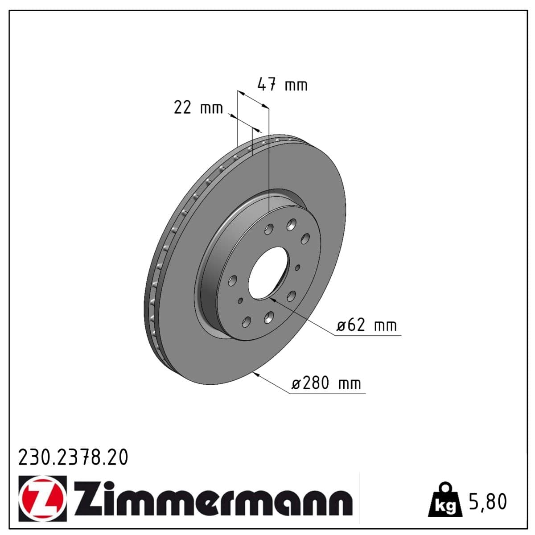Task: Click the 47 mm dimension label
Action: click(282, 84)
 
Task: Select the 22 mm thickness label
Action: click(198, 107)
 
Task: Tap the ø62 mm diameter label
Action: click(366, 325)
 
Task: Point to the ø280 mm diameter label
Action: click(326, 383)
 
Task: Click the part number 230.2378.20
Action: click(73, 457)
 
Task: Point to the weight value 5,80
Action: click(488, 502)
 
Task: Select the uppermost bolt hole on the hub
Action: click(292, 224)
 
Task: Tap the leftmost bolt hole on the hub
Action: click(232, 281)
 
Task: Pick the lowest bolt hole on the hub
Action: click(246, 322)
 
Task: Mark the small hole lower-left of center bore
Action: click(241, 301)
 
